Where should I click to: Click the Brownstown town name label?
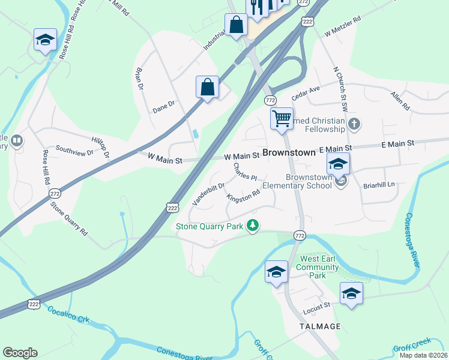point(289,152)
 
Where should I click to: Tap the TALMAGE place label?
point(320,326)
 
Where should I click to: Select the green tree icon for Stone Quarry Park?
point(254,226)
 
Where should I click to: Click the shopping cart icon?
point(281,118)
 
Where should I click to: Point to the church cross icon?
point(354,125)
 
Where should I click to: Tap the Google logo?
point(20,353)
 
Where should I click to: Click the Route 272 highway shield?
point(55,194)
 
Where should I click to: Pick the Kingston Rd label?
point(243,196)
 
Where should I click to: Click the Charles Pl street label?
point(245,172)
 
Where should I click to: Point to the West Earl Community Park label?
point(318,266)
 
